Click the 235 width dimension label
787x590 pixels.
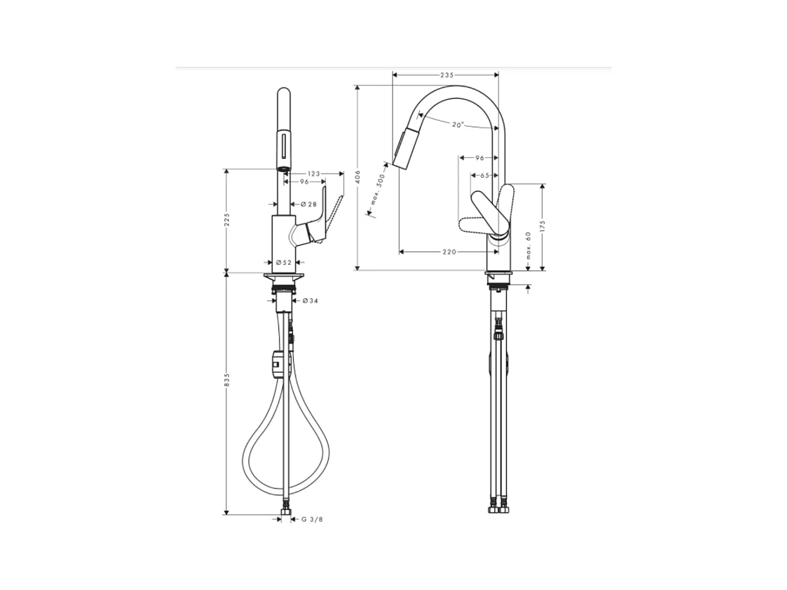point(447,75)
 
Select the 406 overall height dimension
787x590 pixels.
point(357,177)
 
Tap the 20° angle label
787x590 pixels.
point(458,125)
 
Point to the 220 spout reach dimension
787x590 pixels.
point(449,252)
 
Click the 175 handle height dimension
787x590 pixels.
point(542,226)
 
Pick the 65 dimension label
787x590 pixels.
point(484,175)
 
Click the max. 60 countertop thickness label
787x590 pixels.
point(528,246)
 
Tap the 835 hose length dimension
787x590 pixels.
point(226,380)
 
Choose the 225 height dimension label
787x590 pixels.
point(226,220)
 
